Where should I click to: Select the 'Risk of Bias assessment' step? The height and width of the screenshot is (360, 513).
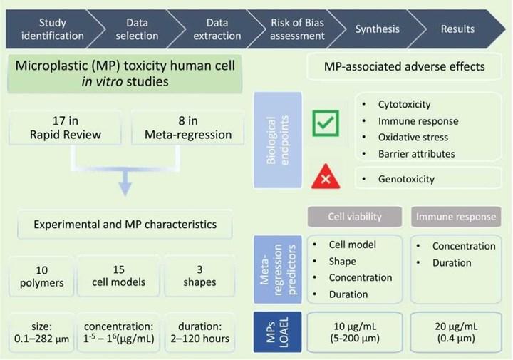296,29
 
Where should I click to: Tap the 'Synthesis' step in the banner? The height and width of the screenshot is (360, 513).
378,29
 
